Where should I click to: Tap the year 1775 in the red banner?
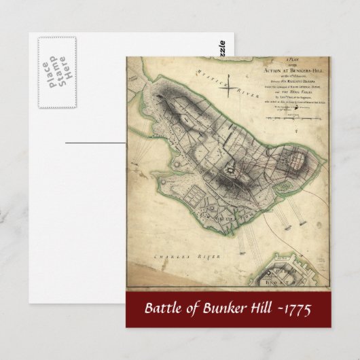(298, 309)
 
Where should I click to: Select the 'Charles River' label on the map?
(175, 258)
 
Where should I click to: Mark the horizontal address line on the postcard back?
(95, 142)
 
